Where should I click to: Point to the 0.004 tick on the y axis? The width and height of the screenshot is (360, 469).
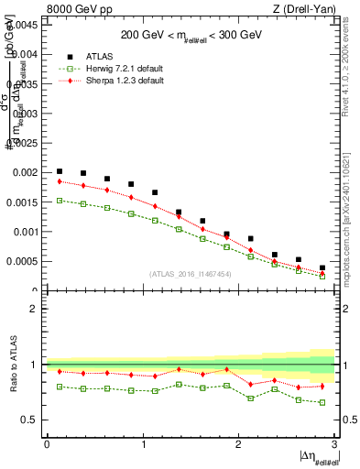(x=26, y=54)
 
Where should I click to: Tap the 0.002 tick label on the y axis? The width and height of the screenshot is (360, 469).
(x=26, y=172)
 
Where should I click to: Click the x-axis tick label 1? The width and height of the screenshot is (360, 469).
(x=142, y=444)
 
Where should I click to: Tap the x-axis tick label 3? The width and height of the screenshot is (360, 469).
(x=334, y=444)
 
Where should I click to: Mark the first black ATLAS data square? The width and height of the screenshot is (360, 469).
(x=60, y=171)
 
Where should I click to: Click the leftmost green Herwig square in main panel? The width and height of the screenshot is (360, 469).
(x=60, y=201)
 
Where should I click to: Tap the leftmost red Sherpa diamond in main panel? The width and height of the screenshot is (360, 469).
(x=60, y=181)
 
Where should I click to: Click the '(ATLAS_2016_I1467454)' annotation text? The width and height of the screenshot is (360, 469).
(x=191, y=274)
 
